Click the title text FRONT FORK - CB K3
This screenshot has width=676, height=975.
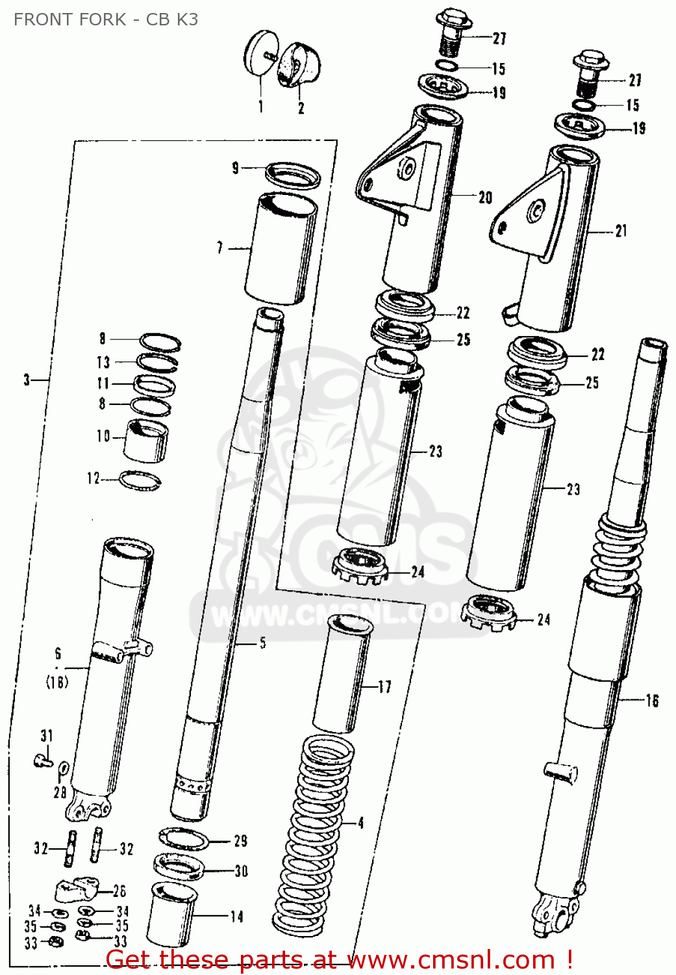pos(106,19)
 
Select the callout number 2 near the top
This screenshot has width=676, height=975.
pos(301,109)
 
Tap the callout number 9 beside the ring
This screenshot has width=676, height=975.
pos(236,168)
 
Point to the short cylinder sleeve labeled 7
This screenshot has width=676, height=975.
pos(281,248)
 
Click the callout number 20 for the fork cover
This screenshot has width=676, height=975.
pos(485,198)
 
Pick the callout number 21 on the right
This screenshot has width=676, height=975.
pos(621,231)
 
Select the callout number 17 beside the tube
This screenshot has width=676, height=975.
pos(384,686)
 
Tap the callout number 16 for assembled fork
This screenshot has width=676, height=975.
pos(651,701)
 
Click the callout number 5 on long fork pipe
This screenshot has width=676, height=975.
pos(262,643)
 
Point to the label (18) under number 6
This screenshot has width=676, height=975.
pos(57,682)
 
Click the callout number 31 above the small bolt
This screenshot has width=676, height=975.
pos(46,736)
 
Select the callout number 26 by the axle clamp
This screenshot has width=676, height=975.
pos(119,891)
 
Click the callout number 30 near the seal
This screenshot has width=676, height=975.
pos(241,871)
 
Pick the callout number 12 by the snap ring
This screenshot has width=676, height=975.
pos(94,479)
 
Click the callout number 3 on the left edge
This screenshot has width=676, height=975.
pos(27,380)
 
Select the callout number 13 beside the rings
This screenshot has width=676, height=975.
pos(103,362)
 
